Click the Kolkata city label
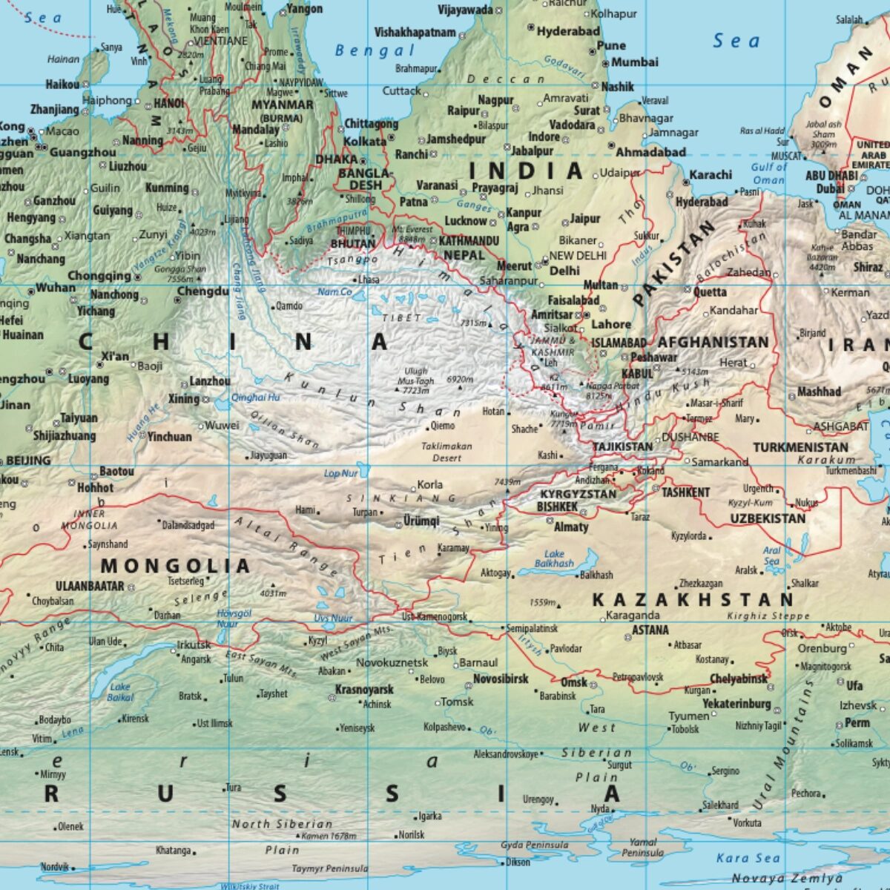(x=364, y=141)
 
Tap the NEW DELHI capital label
(x=578, y=256)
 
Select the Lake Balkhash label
(x=554, y=558)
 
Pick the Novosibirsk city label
(x=501, y=679)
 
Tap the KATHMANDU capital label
(x=469, y=241)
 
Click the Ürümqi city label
(x=421, y=521)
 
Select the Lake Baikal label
(x=119, y=691)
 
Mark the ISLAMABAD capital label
(x=618, y=343)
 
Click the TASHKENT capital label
(x=685, y=492)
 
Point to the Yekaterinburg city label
(x=736, y=704)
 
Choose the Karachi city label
(x=711, y=176)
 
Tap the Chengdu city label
(x=202, y=291)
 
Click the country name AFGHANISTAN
(x=713, y=342)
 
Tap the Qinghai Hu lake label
(x=256, y=398)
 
